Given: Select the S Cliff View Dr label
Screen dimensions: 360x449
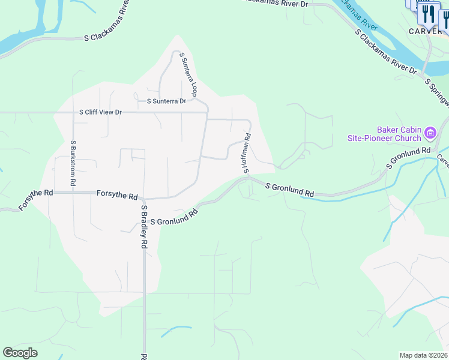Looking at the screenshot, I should tap(100, 112).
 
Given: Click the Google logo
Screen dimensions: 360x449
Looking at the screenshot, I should tap(20, 353).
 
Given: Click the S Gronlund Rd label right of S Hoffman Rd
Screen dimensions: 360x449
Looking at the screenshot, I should tap(290, 190).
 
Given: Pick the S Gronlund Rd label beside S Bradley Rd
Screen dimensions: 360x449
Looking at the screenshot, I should tap(174, 217).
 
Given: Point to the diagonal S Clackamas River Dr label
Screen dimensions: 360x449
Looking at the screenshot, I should tap(387, 54).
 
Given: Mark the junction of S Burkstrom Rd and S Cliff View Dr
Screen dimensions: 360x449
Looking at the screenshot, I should tap(73, 112).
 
